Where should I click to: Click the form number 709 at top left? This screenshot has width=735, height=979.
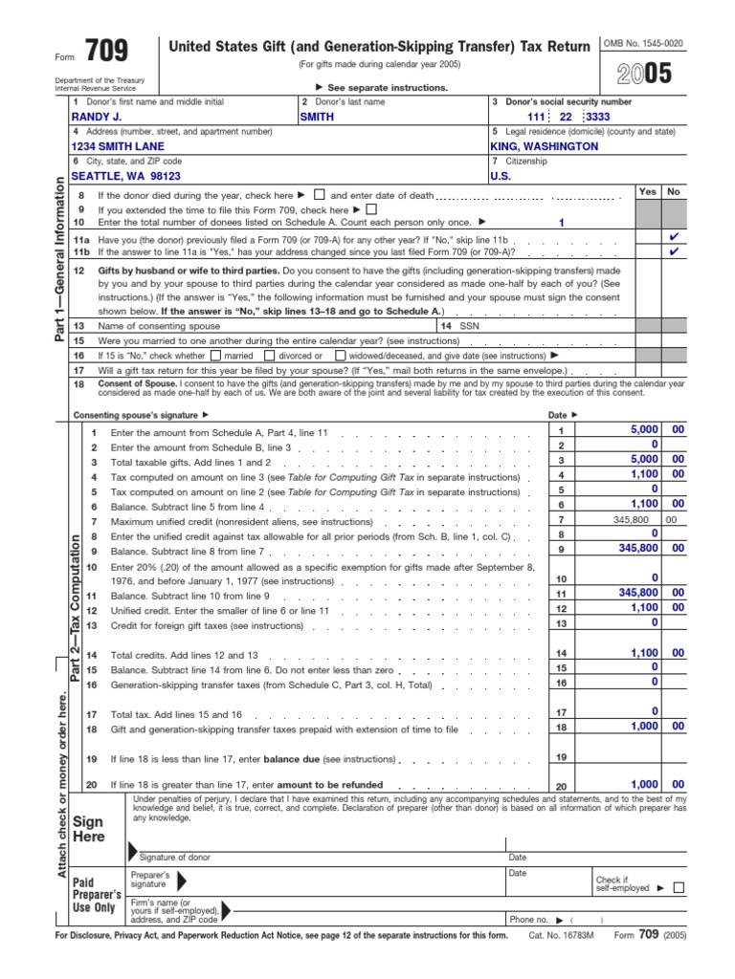click(x=106, y=51)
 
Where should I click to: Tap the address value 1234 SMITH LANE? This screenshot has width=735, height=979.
click(x=118, y=146)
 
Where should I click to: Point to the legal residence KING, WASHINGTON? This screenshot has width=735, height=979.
click(x=544, y=146)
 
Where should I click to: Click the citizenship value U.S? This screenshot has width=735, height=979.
click(x=501, y=176)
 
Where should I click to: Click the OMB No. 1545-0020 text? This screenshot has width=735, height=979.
click(x=642, y=44)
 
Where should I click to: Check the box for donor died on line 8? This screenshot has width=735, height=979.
click(x=320, y=194)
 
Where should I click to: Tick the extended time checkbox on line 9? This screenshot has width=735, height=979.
click(x=372, y=209)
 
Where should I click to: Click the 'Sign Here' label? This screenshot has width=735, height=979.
click(x=88, y=829)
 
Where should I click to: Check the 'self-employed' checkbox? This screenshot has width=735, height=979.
click(x=679, y=887)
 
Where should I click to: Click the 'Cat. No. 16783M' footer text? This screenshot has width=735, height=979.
click(x=561, y=936)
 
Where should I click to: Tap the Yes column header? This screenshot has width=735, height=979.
click(x=647, y=191)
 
